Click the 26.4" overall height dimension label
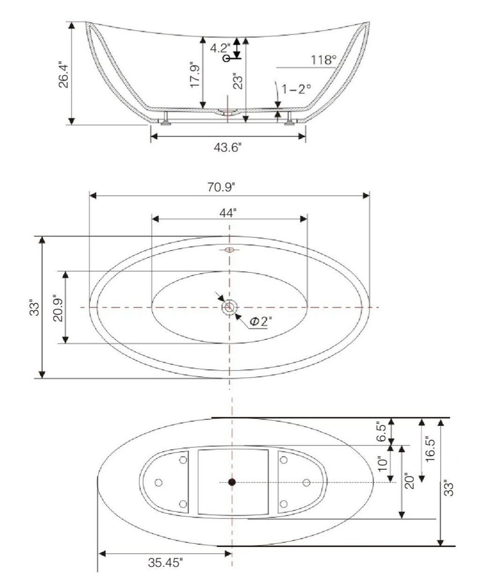point(64,74)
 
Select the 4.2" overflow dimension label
point(220,48)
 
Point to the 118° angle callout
point(324,60)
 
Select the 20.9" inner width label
point(57,307)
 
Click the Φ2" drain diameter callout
point(261,322)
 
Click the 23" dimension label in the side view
point(238,81)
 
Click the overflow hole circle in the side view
point(227,59)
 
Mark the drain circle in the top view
point(229,308)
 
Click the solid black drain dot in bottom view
point(232,482)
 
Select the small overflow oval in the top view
point(229,250)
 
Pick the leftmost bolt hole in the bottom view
point(158,483)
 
